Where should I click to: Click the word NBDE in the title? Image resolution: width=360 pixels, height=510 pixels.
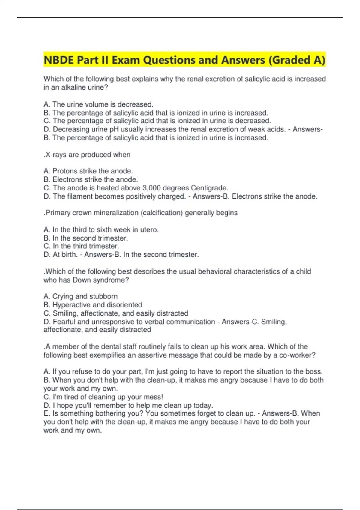click(x=59, y=60)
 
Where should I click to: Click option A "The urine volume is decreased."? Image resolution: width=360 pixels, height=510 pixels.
click(x=98, y=104)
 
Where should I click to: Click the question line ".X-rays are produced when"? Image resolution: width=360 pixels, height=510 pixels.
click(x=87, y=155)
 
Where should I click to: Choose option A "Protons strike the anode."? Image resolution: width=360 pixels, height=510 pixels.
click(x=88, y=171)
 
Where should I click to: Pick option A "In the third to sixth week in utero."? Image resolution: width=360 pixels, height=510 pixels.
click(x=101, y=230)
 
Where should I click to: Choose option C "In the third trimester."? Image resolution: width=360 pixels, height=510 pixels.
click(x=81, y=246)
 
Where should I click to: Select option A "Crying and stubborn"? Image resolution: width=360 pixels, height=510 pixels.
click(x=81, y=296)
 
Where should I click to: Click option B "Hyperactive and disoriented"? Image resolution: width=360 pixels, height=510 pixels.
click(x=93, y=305)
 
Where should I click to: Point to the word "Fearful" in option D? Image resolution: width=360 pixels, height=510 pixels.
click(x=64, y=322)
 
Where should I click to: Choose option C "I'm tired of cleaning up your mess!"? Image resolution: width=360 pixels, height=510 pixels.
click(x=103, y=397)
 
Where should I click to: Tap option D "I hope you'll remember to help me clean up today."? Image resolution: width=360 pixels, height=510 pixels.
click(x=128, y=405)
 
